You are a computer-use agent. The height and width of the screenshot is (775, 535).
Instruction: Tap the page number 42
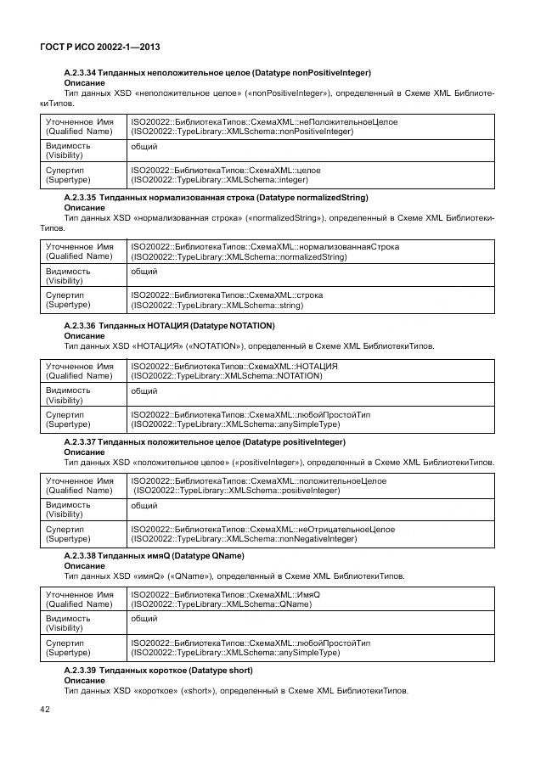coord(46,709)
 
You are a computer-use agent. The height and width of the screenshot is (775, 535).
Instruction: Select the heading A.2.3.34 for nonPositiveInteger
coord(217,73)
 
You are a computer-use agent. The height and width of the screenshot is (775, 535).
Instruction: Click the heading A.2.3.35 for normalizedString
coord(216,197)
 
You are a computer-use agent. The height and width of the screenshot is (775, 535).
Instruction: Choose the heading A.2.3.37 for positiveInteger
coord(205,442)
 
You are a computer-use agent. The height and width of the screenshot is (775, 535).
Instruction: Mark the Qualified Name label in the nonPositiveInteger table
coord(79,126)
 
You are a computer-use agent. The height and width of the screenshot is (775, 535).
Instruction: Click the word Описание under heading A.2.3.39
coord(85,681)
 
